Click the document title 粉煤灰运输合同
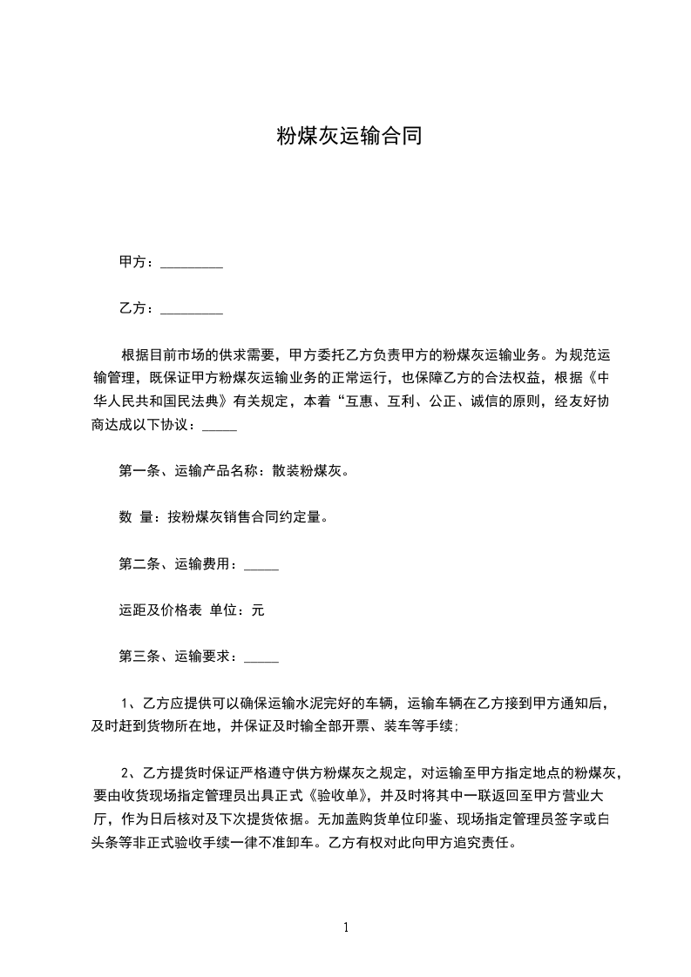pyautogui.click(x=349, y=136)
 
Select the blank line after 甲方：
pyautogui.click(x=192, y=263)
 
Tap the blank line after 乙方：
pyautogui.click(x=192, y=309)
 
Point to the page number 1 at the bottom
pyautogui.click(x=346, y=927)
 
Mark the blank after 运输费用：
pyautogui.click(x=261, y=566)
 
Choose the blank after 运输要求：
pyautogui.click(x=261, y=658)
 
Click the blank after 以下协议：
pyautogui.click(x=220, y=428)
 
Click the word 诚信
pyautogui.click(x=490, y=402)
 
